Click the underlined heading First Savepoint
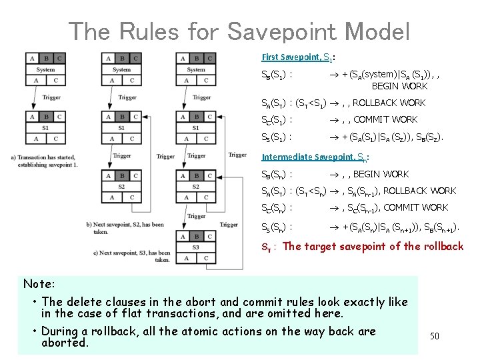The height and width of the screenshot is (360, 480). (x=291, y=57)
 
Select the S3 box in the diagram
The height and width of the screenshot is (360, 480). (x=195, y=247)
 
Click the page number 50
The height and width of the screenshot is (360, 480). (x=434, y=336)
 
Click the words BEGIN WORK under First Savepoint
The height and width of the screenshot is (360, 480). (x=400, y=87)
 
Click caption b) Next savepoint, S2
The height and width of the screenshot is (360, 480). (x=125, y=227)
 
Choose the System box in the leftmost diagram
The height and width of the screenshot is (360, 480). (x=46, y=69)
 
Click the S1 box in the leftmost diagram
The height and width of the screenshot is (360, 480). (x=46, y=128)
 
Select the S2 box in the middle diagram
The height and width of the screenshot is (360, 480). (x=121, y=187)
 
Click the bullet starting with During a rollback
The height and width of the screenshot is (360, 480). (x=208, y=337)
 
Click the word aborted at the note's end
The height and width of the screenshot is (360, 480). (x=65, y=343)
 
